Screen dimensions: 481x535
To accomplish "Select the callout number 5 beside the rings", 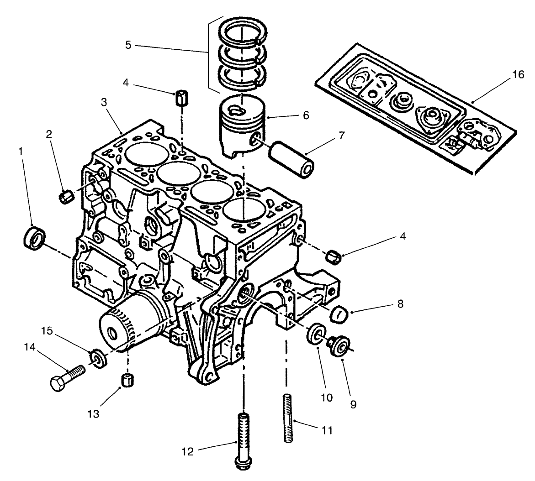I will [127, 46].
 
